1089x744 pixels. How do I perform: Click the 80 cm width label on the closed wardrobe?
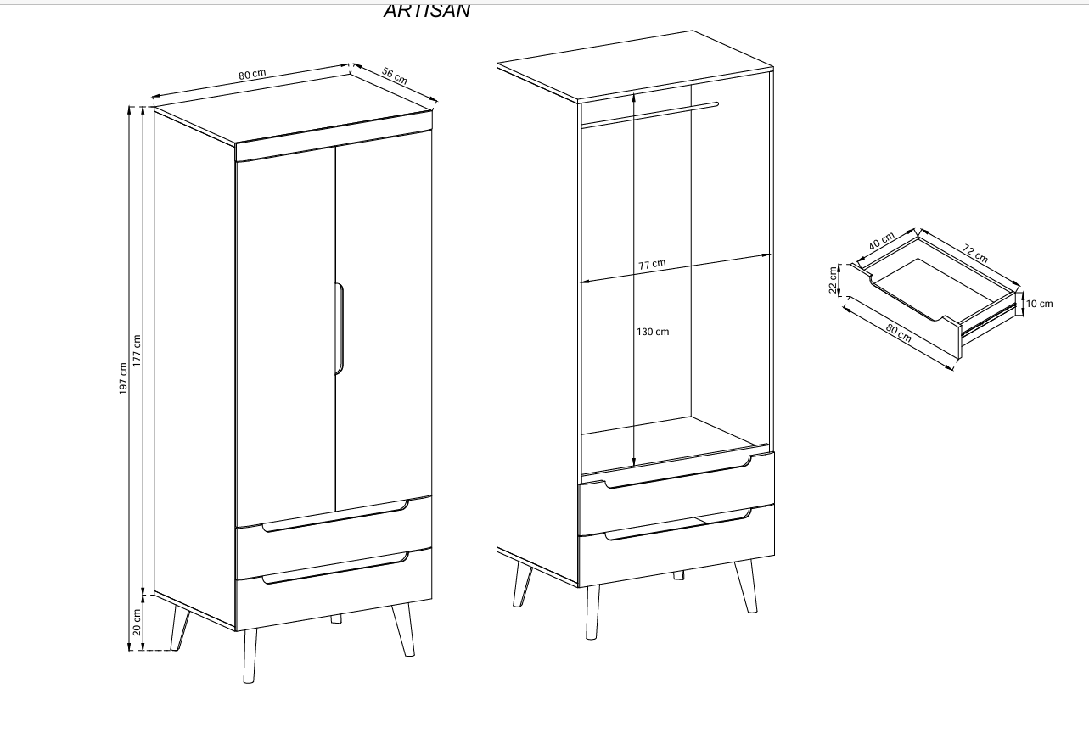(252, 74)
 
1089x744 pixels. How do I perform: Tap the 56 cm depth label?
(395, 76)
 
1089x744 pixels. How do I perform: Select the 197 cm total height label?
(123, 378)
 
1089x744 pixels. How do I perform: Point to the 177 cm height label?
(137, 350)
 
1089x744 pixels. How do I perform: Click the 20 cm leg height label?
(137, 622)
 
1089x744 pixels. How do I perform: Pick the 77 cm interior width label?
(652, 265)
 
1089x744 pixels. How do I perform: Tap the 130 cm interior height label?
(653, 332)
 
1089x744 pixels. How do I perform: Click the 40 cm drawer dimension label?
(881, 242)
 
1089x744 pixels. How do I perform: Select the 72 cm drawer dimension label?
(975, 253)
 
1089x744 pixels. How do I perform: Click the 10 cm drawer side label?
(1039, 304)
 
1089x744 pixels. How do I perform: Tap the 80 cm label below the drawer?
(900, 333)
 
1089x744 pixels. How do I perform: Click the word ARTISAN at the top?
(426, 11)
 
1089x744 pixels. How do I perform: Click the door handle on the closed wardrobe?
(340, 327)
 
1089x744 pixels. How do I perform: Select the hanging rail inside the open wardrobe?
(649, 115)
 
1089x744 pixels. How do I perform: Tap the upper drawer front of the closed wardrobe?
(333, 543)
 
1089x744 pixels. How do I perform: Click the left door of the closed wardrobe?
(285, 331)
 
